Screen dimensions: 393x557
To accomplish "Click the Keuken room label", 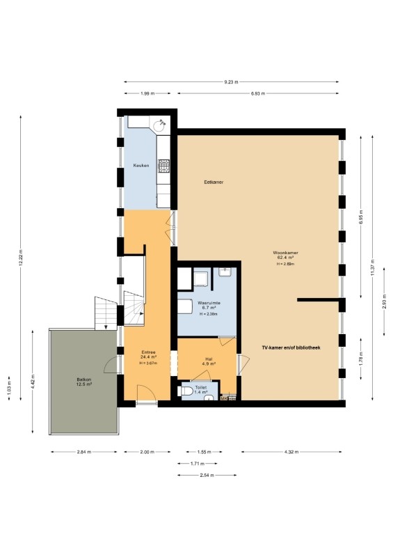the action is (x=141, y=166).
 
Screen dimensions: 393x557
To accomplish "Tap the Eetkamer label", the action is (x=214, y=182).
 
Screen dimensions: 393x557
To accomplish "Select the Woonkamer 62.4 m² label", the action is (x=285, y=255).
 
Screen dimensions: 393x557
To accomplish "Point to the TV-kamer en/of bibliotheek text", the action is (x=291, y=347).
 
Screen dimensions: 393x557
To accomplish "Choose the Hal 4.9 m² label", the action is (x=209, y=361).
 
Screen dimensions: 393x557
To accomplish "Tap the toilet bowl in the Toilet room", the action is (x=186, y=391).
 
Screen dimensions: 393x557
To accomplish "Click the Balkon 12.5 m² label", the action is (x=84, y=382).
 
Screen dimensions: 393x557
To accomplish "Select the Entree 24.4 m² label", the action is (x=148, y=354).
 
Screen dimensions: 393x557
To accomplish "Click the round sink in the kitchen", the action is (x=159, y=125).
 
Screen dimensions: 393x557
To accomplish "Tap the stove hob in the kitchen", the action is (x=163, y=166).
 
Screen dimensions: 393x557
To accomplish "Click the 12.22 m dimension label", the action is (x=21, y=258).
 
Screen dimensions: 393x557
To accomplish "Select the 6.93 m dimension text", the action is (x=258, y=94).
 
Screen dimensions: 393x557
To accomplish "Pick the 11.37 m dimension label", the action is (x=372, y=267).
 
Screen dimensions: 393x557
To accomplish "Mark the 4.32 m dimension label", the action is (x=291, y=452).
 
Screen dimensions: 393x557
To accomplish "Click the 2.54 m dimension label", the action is (x=207, y=475).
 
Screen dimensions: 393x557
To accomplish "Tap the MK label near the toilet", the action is (x=224, y=398).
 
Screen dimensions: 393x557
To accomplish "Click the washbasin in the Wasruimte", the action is (x=225, y=272).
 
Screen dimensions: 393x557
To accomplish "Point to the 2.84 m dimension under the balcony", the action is (x=84, y=452).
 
